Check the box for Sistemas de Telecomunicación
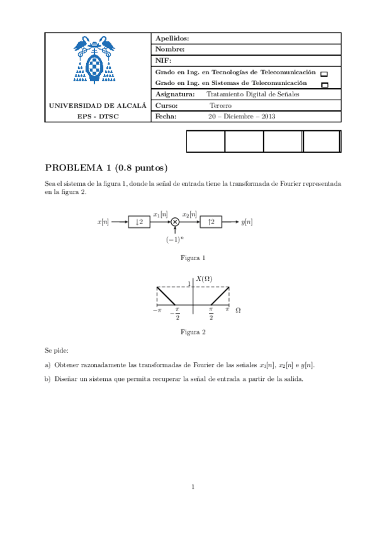click(324, 84)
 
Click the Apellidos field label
click(172, 38)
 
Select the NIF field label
click(163, 60)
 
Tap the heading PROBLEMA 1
click(77, 168)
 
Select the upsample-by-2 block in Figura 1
click(211, 222)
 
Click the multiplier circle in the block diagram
click(176, 222)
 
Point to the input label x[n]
click(103, 222)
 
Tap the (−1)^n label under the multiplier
click(175, 240)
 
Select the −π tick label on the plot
click(157, 310)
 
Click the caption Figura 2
click(193, 332)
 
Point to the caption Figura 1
click(193, 258)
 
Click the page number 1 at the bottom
click(193, 486)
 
